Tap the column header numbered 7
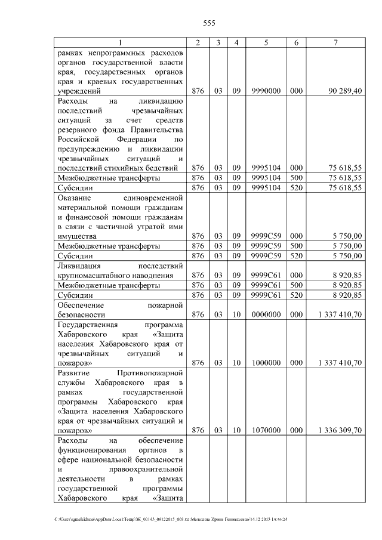(336, 42)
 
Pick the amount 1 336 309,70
(340, 430)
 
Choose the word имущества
(75, 236)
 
